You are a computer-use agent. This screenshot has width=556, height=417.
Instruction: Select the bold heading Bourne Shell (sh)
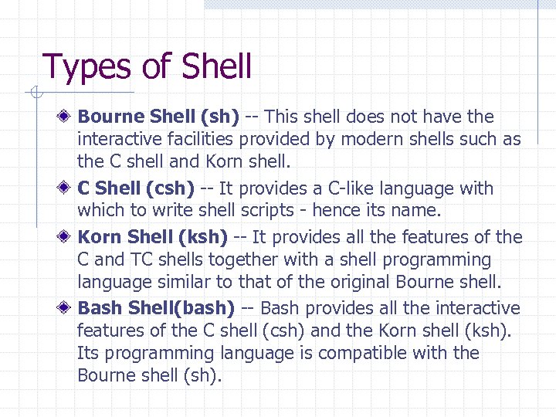[158, 117]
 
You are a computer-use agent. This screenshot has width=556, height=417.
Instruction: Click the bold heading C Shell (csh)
[136, 188]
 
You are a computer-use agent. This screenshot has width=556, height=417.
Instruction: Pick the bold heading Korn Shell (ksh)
[153, 237]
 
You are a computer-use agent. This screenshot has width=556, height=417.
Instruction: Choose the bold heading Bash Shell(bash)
[156, 308]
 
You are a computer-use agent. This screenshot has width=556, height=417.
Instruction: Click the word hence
[336, 211]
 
